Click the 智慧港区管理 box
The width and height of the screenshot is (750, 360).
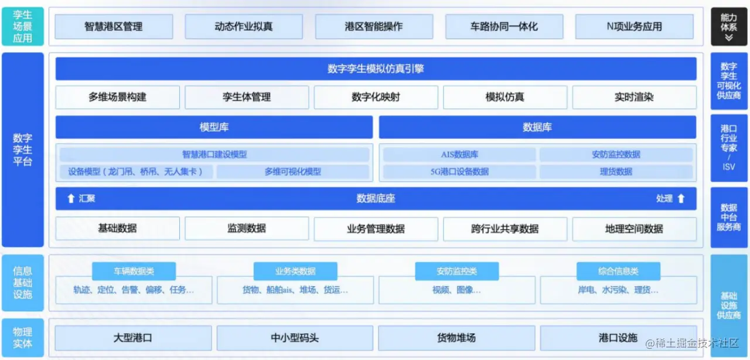(x=114, y=26)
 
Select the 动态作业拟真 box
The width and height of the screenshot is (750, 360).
(x=244, y=26)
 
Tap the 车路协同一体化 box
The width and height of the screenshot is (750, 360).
(x=504, y=26)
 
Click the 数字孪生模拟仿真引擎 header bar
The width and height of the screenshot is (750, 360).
(x=376, y=69)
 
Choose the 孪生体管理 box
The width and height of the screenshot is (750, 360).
(x=247, y=97)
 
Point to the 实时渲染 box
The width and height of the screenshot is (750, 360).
(x=634, y=97)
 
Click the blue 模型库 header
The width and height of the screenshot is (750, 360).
(x=214, y=127)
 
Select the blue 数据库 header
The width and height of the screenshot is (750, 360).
(x=537, y=127)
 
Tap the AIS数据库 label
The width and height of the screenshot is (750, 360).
(x=459, y=155)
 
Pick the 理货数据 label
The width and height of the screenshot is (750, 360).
(x=616, y=172)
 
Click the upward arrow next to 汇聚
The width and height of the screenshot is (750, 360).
(x=71, y=199)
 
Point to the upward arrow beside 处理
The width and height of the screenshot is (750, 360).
(x=681, y=199)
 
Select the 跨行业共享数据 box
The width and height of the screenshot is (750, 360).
(x=504, y=229)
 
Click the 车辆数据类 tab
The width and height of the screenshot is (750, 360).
(x=134, y=271)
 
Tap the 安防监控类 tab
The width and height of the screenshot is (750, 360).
(x=456, y=271)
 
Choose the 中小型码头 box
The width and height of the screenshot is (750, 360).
(x=295, y=338)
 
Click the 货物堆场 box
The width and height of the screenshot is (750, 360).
(x=456, y=338)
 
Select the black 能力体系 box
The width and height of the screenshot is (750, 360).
(x=729, y=27)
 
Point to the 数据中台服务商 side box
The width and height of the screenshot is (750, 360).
(x=729, y=217)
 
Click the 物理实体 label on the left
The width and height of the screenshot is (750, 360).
(x=22, y=338)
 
